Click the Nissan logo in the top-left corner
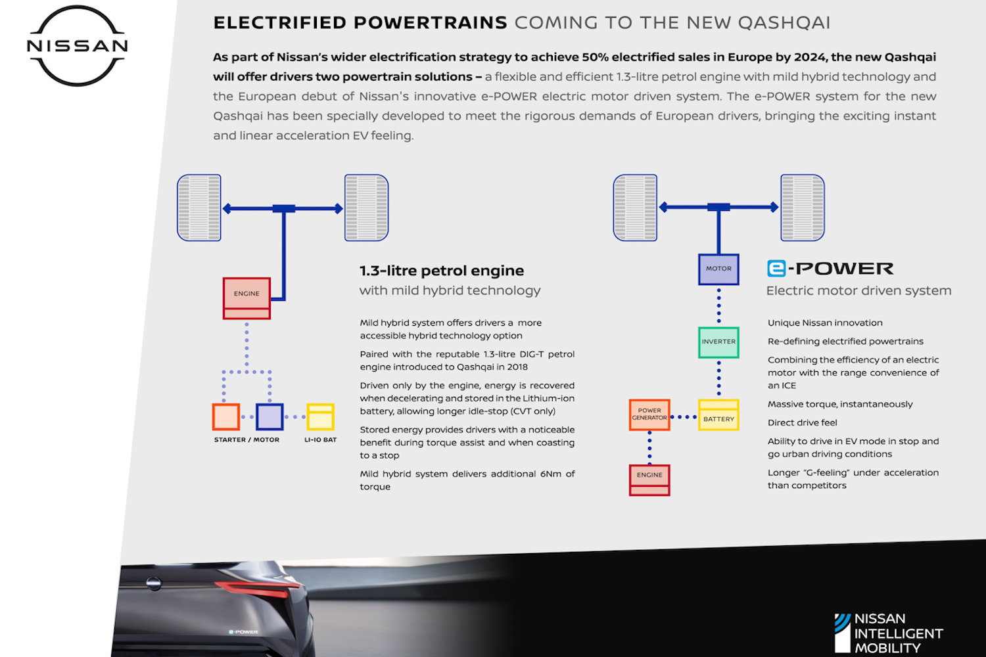tap(78, 46)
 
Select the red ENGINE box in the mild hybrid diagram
tap(246, 298)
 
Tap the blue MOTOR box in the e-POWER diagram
tap(718, 269)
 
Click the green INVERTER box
tap(718, 342)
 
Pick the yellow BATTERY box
tap(718, 415)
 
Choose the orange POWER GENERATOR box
tap(649, 415)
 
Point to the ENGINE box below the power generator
tap(649, 480)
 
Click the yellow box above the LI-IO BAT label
tap(321, 417)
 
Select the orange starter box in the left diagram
tap(226, 417)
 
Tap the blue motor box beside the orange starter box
tap(270, 417)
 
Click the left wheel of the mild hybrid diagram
tap(199, 208)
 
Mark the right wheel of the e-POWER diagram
tap(803, 208)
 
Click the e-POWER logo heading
tap(830, 269)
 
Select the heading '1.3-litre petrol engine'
tap(442, 271)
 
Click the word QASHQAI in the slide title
tap(784, 23)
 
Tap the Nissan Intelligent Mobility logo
tap(888, 633)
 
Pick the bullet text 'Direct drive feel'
tap(803, 422)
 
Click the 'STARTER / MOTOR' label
tap(246, 440)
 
